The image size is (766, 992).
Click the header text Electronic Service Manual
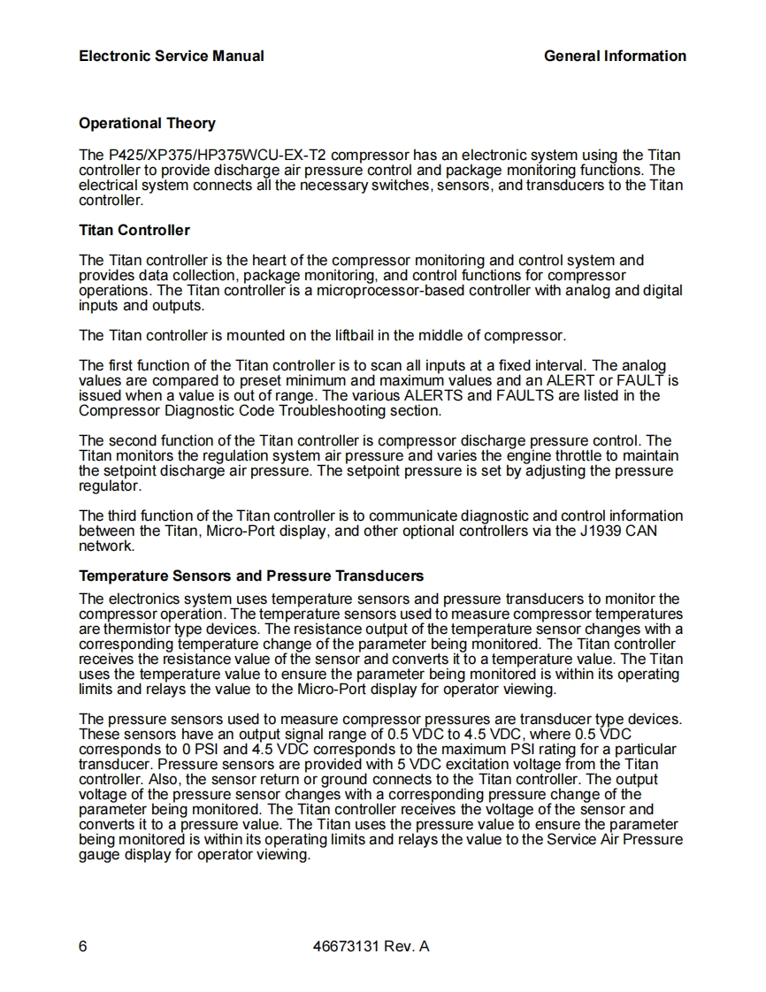click(x=171, y=56)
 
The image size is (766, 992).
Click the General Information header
click(x=615, y=56)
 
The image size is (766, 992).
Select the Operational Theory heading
click(x=147, y=123)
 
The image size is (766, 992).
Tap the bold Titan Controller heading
click(x=134, y=230)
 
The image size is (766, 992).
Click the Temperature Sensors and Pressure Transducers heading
click(x=251, y=576)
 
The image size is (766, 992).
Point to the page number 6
click(x=83, y=947)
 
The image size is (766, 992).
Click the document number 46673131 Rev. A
click(x=372, y=947)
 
